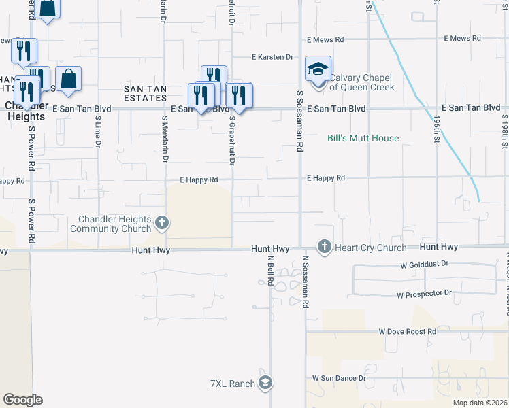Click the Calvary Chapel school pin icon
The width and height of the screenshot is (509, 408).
click(318, 69)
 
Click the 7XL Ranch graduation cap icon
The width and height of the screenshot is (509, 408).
click(265, 384)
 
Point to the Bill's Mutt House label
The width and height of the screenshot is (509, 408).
click(363, 138)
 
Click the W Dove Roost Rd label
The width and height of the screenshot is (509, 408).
click(407, 332)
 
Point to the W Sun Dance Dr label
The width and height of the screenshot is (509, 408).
click(339, 377)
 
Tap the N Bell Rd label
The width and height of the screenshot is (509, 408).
click(270, 270)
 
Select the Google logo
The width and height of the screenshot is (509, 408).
click(22, 400)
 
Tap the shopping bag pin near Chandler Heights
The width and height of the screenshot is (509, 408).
click(68, 79)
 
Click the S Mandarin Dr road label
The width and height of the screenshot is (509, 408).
click(165, 139)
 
